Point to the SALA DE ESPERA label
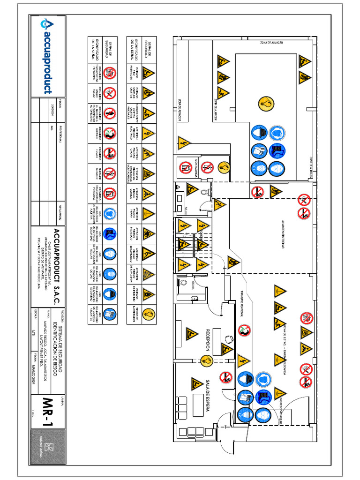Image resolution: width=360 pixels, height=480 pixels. pos(207,396)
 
